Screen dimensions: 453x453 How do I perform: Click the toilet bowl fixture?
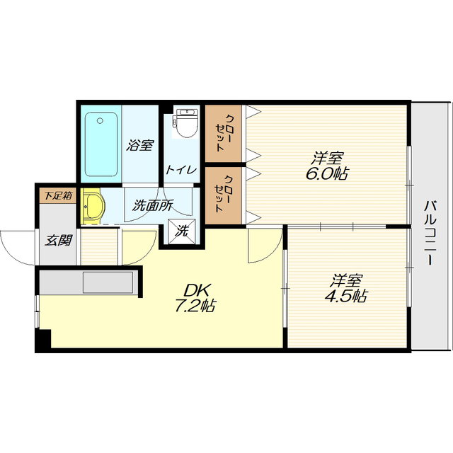pos(187,122)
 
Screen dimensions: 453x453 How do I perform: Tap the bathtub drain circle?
pos(100,121)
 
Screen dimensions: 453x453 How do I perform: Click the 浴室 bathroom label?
pos(140,145)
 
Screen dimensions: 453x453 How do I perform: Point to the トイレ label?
pos(181,170)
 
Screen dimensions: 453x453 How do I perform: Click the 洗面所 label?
pos(153,205)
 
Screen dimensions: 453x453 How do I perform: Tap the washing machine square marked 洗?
pos(182,231)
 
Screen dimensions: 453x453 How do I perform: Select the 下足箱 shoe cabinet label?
pos(58,195)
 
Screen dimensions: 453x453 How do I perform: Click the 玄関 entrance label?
pos(58,241)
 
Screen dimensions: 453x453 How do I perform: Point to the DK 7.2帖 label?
pos(195,298)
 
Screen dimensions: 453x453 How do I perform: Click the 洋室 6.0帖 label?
pos(326,166)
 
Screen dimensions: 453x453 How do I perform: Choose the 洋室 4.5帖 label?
pos(346,288)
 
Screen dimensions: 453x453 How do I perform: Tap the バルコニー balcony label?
pos(430,233)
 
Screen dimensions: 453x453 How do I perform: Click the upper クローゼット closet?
pos(224,133)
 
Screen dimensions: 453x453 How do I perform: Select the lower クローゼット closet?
pos(224,195)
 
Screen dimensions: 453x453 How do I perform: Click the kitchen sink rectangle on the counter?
pos(108,282)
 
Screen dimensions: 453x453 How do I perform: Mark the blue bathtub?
pos(101,144)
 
